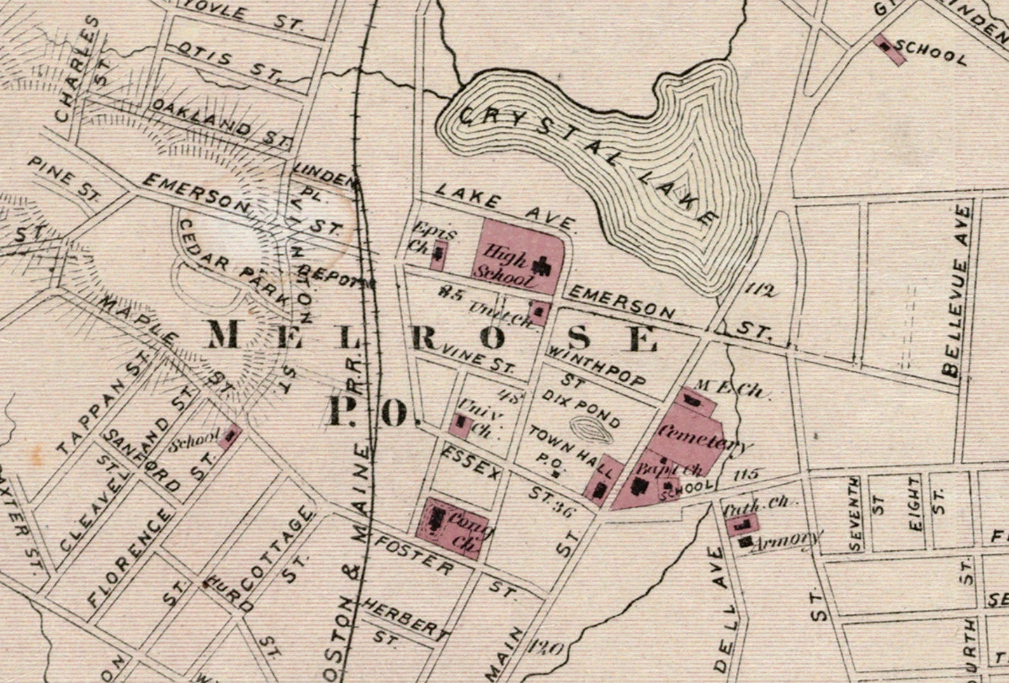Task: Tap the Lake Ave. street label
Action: tap(505, 207)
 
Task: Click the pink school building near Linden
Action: tap(890, 50)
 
